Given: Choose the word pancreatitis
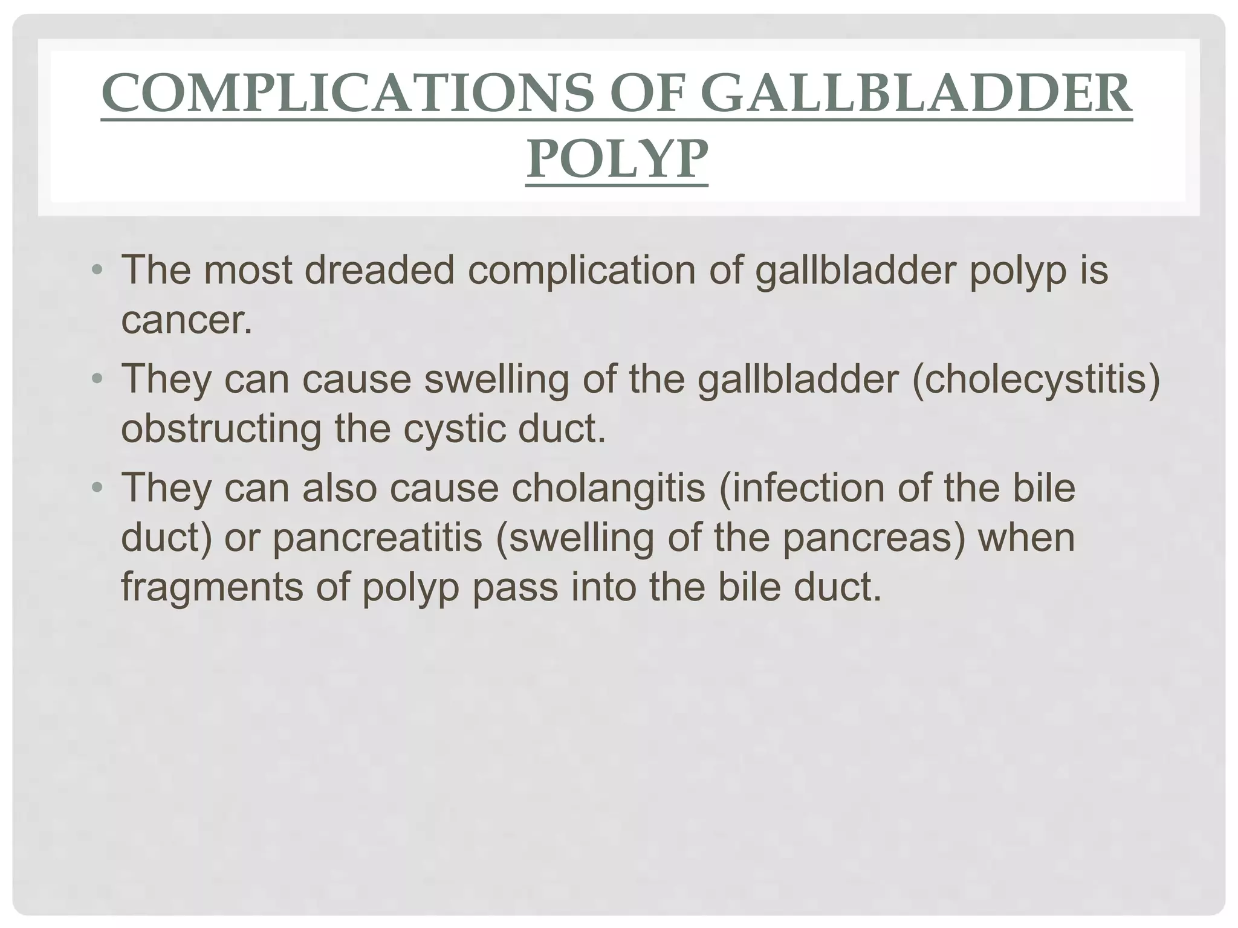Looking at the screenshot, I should tap(377, 537).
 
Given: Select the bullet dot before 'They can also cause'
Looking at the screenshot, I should tap(97, 488).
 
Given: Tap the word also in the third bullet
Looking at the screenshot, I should tap(340, 488).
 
